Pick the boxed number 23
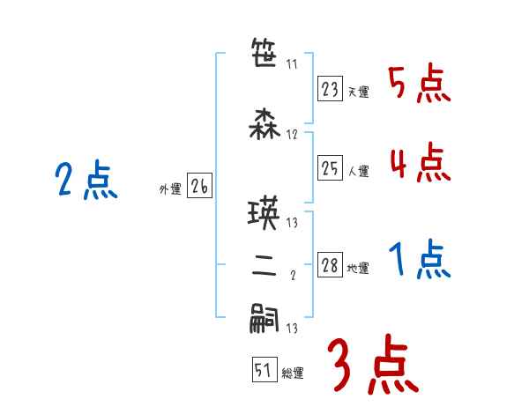pyautogui.click(x=331, y=88)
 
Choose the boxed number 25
pyautogui.click(x=331, y=168)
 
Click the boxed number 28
pyautogui.click(x=331, y=265)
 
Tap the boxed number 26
pyautogui.click(x=199, y=186)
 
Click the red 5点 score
pyautogui.click(x=419, y=85)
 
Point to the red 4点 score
pyautogui.click(x=419, y=162)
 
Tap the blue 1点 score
pyautogui.click(x=419, y=260)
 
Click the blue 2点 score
pyautogui.click(x=86, y=182)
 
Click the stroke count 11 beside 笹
pyautogui.click(x=292, y=64)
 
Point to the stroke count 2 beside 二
pyautogui.click(x=292, y=276)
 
